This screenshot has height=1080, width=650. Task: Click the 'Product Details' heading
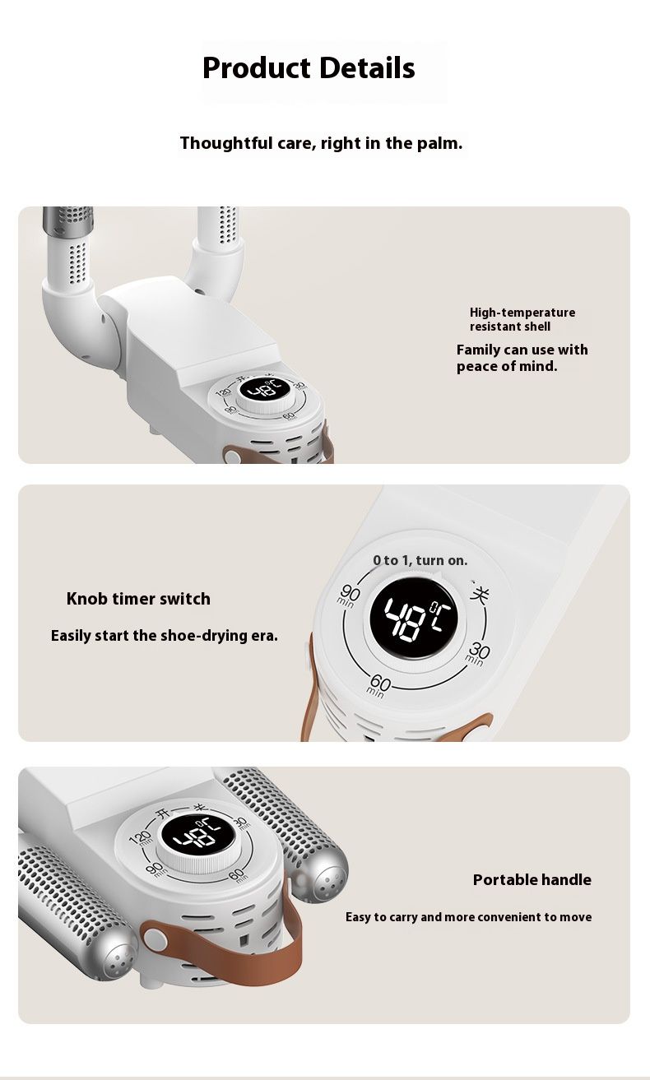point(309,67)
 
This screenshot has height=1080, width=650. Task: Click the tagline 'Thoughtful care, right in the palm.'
point(321,143)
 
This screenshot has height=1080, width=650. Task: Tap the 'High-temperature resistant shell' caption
point(522,319)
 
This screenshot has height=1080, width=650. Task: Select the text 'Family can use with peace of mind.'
point(522,358)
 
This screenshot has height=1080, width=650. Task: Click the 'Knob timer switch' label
point(138,599)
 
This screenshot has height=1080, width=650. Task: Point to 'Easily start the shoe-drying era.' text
point(165,636)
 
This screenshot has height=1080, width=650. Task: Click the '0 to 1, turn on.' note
point(420,560)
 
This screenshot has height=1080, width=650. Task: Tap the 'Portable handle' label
point(532,879)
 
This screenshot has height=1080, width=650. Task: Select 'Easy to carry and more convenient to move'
point(469,916)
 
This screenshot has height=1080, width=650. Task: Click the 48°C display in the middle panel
point(413,618)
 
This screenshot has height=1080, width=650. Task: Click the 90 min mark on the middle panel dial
point(347,596)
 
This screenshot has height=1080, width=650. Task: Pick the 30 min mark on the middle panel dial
point(477,654)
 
